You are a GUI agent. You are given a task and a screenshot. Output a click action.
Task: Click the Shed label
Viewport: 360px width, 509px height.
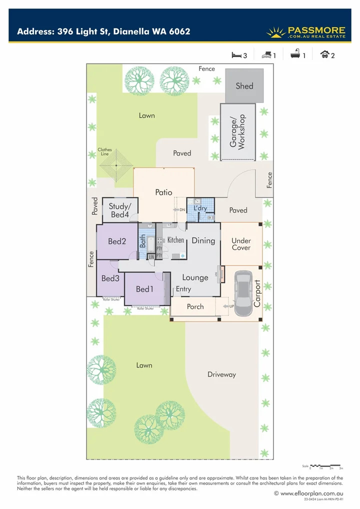(x=244, y=85)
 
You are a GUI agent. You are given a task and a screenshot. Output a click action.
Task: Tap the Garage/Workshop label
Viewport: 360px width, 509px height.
(x=238, y=131)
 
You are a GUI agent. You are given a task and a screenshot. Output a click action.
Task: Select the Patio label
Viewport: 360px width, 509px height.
(x=163, y=192)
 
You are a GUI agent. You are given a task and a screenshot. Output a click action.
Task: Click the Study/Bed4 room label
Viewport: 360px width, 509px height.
(x=119, y=210)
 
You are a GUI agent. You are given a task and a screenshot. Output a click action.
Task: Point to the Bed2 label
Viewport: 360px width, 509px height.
(x=116, y=241)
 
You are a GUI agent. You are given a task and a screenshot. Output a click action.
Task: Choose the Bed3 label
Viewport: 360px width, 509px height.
(x=110, y=278)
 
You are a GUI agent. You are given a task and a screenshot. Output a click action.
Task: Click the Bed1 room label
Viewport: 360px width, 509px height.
(x=144, y=289)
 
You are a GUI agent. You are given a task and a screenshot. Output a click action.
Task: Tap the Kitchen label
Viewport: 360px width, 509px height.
(x=175, y=240)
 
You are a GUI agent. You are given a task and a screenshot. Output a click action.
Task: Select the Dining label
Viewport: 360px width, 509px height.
(x=203, y=240)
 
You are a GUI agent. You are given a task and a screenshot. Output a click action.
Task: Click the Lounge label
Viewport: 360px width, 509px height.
(x=195, y=277)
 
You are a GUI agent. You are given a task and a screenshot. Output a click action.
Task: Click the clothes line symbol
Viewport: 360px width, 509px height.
(x=115, y=166)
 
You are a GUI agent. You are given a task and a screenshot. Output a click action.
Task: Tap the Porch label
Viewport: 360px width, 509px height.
(x=195, y=306)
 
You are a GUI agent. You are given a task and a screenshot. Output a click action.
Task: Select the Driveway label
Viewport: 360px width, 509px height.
(x=221, y=374)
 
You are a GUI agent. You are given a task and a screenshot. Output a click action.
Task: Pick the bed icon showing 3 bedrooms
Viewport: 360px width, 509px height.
(x=236, y=55)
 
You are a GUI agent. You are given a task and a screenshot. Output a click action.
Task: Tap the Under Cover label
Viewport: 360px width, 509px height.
(x=241, y=244)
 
